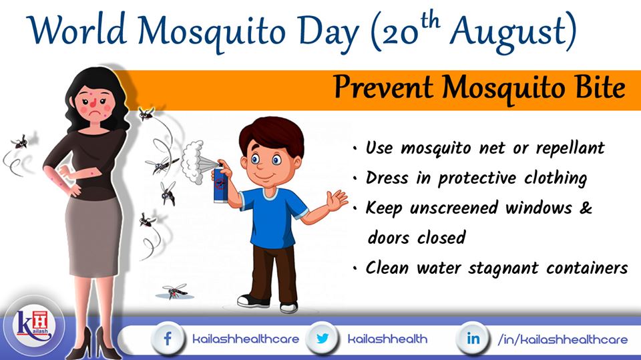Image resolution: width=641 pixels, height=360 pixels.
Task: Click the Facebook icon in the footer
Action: pyautogui.click(x=168, y=339)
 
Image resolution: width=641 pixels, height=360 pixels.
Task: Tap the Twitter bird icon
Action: pyautogui.click(x=323, y=339)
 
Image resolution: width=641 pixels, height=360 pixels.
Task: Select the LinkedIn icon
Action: pyautogui.click(x=473, y=339)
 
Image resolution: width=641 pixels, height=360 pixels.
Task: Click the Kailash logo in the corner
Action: pyautogui.click(x=33, y=326)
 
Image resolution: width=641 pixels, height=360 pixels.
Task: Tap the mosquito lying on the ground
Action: pyautogui.click(x=175, y=291)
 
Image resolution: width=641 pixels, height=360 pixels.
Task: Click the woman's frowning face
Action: pyautogui.click(x=95, y=103)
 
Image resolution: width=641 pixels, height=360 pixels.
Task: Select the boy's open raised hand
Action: pyautogui.click(x=337, y=200)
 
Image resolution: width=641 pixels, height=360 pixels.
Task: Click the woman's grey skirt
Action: pyautogui.click(x=93, y=235)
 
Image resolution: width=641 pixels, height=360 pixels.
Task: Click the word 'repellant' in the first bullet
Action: pyautogui.click(x=570, y=149)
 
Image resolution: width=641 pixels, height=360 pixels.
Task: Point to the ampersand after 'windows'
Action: pyautogui.click(x=586, y=208)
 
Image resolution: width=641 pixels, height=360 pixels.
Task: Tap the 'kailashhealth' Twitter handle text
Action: pyautogui.click(x=387, y=339)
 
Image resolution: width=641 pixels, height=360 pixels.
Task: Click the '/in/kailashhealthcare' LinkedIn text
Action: pyautogui.click(x=562, y=339)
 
